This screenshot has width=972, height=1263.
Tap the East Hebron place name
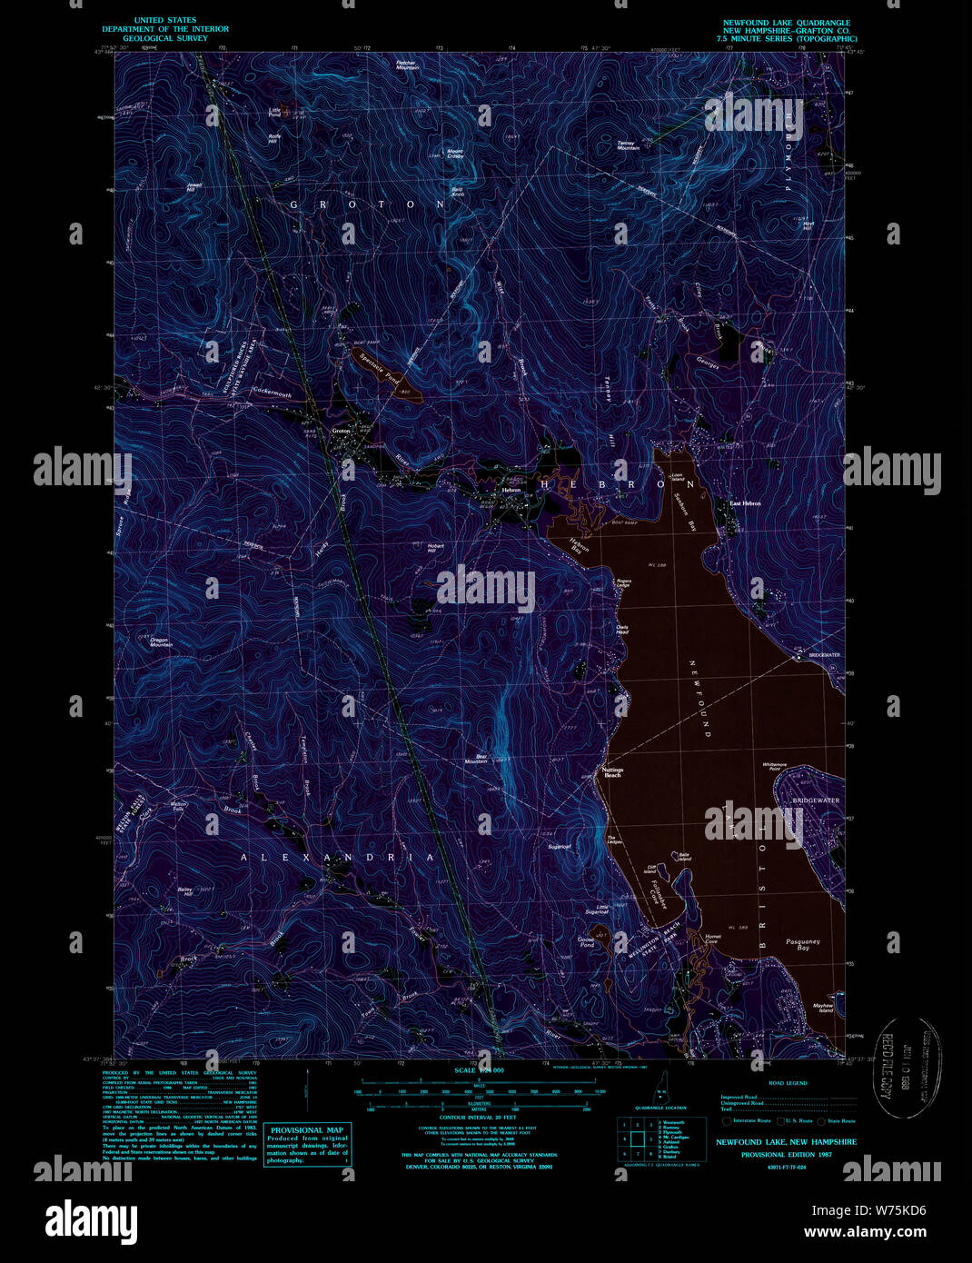click(x=745, y=503)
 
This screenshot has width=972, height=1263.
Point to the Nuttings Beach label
click(x=613, y=772)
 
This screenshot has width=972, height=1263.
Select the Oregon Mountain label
click(x=160, y=641)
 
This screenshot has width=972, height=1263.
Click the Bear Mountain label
click(x=477, y=758)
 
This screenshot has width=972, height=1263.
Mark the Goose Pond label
click(x=586, y=942)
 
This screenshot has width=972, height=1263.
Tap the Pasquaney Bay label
click(x=803, y=945)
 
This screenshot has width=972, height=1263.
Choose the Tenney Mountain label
click(x=629, y=145)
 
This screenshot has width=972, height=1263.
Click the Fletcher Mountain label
click(x=407, y=66)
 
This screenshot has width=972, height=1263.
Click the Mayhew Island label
click(x=823, y=1008)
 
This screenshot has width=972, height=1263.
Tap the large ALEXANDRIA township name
click(x=338, y=857)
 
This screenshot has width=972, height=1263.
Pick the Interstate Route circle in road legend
click(x=727, y=1121)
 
